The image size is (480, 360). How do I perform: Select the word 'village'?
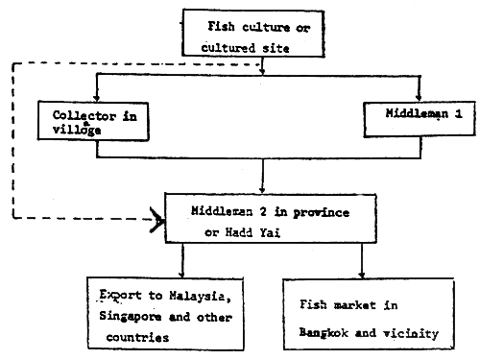(x=60, y=127)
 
